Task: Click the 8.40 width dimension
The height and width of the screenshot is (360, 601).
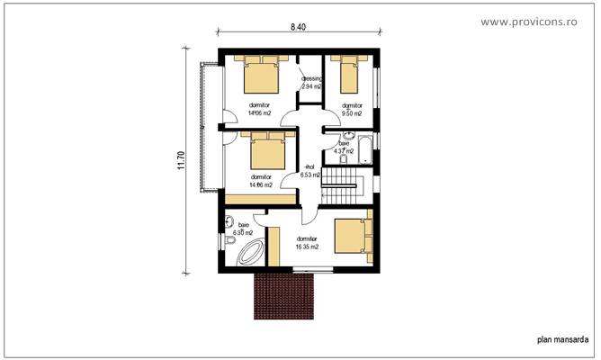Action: click(x=298, y=28)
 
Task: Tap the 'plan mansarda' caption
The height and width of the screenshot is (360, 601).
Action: click(x=563, y=340)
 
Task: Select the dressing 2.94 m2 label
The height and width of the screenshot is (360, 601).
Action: click(x=311, y=84)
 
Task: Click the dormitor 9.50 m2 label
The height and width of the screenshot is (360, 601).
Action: click(x=351, y=110)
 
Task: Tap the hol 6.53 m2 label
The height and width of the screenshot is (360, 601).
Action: click(x=311, y=172)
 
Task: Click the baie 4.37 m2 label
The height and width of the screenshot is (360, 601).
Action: click(x=344, y=148)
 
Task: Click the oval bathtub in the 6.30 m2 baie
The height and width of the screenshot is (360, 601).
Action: click(x=246, y=255)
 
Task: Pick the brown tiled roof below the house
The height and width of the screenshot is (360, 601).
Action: click(x=283, y=296)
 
